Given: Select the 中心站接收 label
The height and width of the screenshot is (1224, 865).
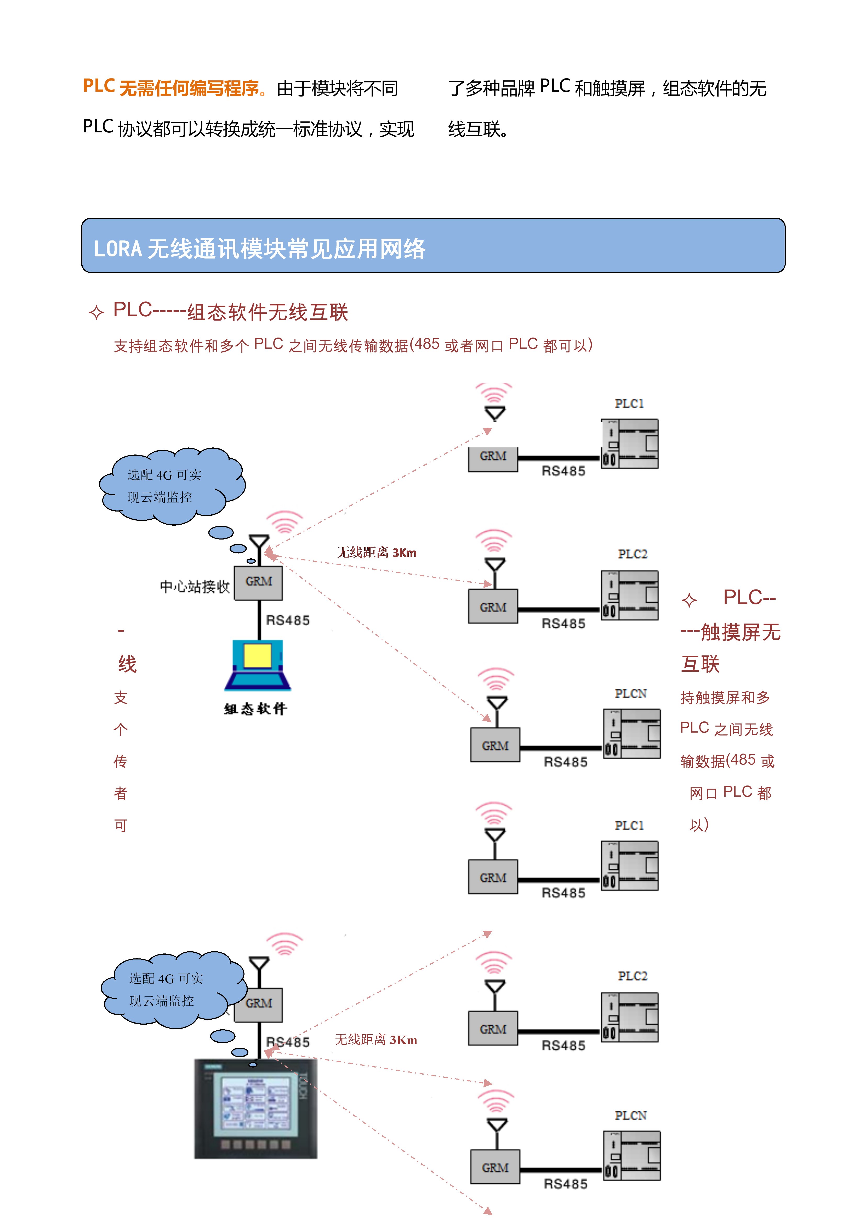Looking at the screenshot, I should coord(194,586).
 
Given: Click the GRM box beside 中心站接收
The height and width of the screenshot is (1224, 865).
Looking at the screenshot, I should coord(259,582).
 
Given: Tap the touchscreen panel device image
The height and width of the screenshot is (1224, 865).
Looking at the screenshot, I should coord(256,1109).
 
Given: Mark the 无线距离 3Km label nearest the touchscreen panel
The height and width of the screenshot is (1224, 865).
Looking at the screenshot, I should coord(375,1040).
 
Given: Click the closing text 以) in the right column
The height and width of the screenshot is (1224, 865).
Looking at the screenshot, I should coord(699,825).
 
